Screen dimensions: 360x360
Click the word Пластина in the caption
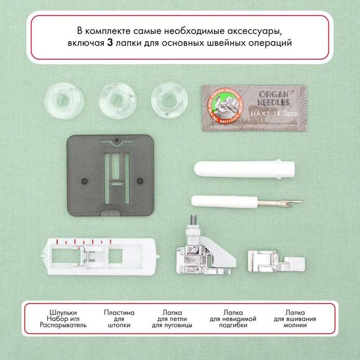click(119, 312)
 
